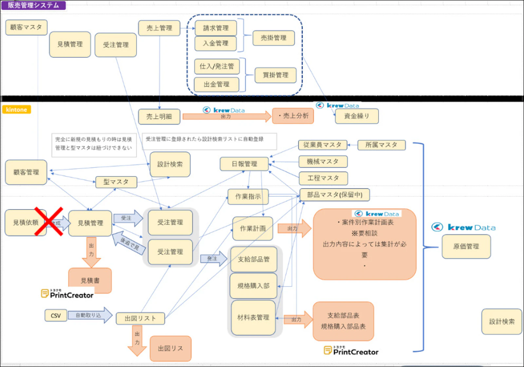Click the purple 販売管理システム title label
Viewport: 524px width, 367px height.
33,5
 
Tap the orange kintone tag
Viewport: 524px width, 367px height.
16,109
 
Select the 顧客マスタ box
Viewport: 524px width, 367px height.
26,27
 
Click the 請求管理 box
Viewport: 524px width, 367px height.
215,28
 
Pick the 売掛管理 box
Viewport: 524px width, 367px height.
273,38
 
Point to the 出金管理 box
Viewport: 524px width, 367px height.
216,85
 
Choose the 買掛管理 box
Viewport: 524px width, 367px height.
275,75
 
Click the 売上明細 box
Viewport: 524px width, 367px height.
159,117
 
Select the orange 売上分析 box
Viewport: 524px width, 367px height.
293,116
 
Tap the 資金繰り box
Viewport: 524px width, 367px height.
357,116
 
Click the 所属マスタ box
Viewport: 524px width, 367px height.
381,145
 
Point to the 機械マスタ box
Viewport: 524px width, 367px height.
323,162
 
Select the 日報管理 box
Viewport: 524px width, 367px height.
244,164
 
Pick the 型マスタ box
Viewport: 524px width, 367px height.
116,182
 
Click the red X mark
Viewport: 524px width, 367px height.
49,221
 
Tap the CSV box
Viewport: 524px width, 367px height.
56,316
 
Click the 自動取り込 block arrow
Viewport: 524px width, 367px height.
90,315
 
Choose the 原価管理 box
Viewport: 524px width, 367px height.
466,246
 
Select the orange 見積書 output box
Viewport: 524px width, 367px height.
90,280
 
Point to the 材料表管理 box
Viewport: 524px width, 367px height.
253,318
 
